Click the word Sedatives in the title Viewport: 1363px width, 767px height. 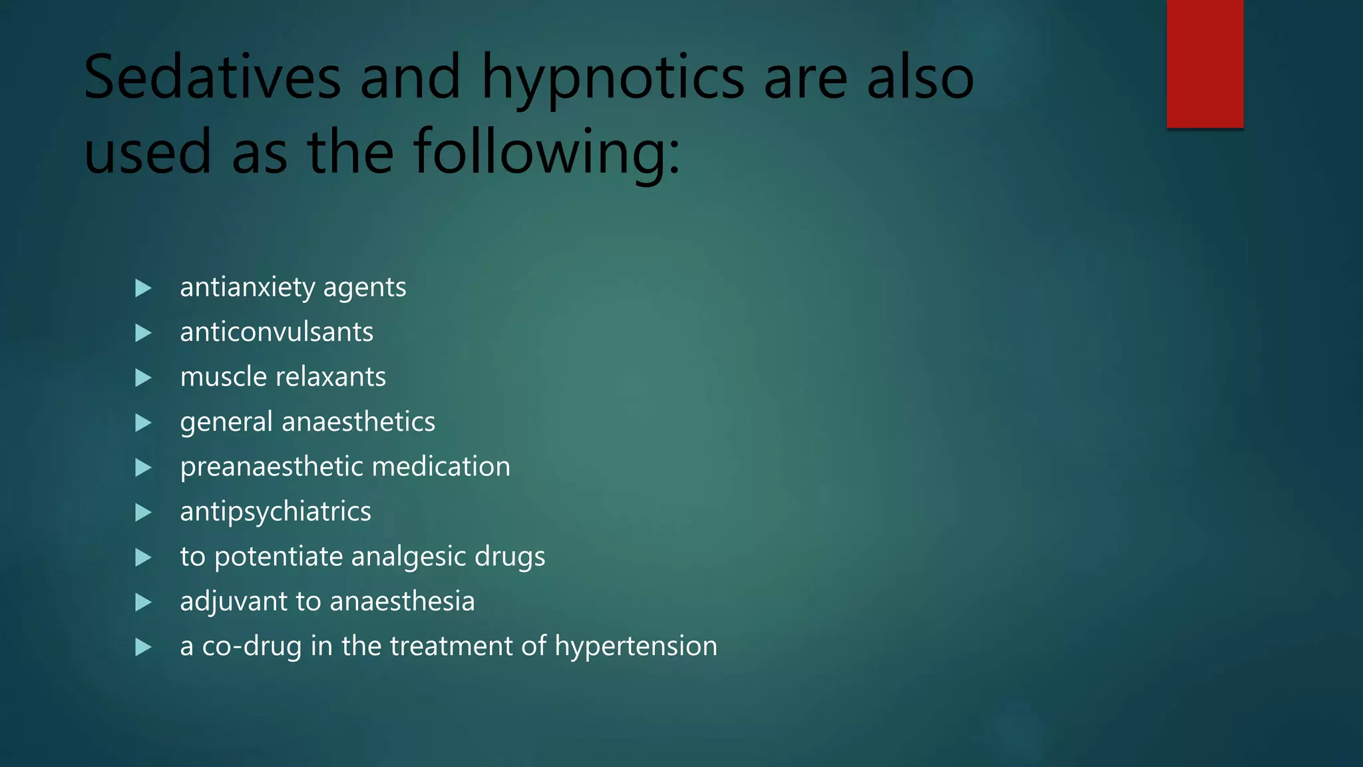[x=212, y=78]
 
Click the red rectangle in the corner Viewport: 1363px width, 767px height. [x=1205, y=63]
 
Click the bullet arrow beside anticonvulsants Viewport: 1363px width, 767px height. [x=143, y=333]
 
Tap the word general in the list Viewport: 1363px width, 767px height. [x=226, y=422]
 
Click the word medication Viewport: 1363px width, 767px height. [x=441, y=466]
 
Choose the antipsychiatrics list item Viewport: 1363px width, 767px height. [x=276, y=512]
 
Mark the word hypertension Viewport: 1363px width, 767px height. [x=636, y=646]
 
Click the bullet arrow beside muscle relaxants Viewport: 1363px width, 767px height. [x=143, y=378]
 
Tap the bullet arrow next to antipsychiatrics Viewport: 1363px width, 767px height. [x=143, y=513]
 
